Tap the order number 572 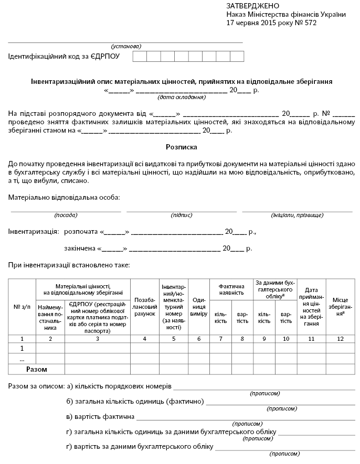(x=310, y=23)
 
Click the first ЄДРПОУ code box (x=140, y=57)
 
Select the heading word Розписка (x=180, y=148)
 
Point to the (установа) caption (x=126, y=46)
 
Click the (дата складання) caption (x=181, y=98)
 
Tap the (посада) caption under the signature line (x=66, y=215)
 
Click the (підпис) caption (x=182, y=215)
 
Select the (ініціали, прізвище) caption (x=294, y=215)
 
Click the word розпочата (x=81, y=231)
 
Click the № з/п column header (x=22, y=306)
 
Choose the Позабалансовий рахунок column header (x=144, y=306)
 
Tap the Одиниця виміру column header (x=198, y=306)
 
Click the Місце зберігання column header (x=341, y=306)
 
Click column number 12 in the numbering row (x=341, y=338)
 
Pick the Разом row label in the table (x=37, y=369)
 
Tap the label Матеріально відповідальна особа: (x=64, y=197)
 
